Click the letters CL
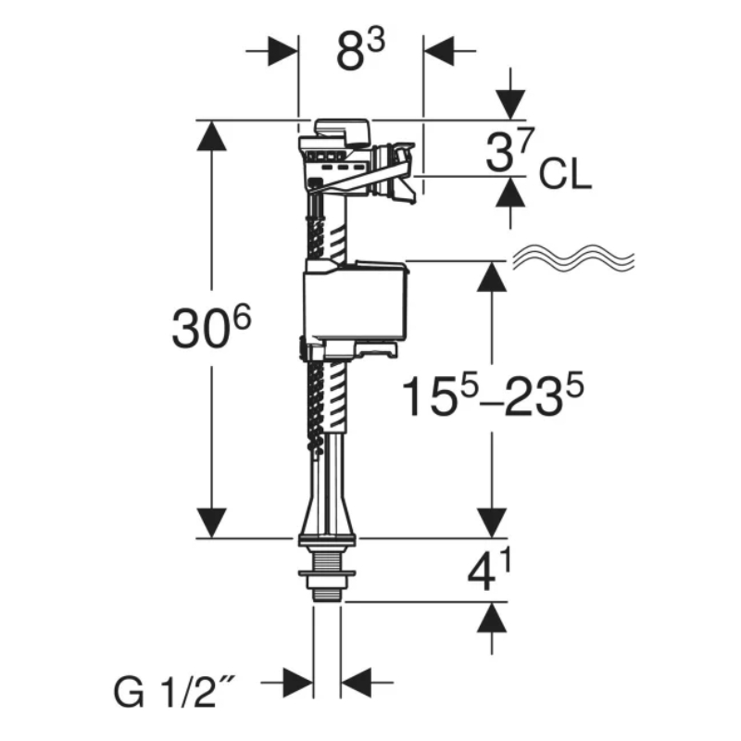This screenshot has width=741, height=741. click(565, 175)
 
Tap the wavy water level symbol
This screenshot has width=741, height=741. click(575, 258)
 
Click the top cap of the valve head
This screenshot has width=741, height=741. click(341, 128)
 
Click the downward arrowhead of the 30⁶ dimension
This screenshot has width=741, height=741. click(211, 521)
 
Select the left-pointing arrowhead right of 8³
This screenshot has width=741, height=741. click(437, 51)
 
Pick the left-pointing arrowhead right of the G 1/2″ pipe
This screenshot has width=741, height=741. click(356, 686)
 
